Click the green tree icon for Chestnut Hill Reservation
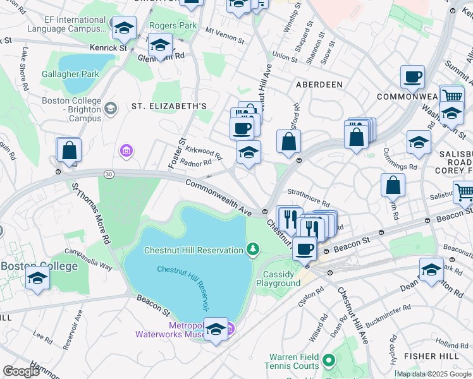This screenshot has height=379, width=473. tap(253, 250)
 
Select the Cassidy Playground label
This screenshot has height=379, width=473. tap(278, 279)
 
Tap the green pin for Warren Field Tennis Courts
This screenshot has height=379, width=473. tap(328, 361)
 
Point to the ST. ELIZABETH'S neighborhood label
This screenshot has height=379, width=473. tap(169, 106)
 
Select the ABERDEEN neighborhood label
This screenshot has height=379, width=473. tap(319, 84)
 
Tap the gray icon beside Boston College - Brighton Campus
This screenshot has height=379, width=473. tap(111, 109)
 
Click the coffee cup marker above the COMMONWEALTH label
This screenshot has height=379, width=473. tap(412, 77)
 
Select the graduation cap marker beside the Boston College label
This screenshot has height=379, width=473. tap(37, 279)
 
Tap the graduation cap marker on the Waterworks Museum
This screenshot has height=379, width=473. tap(216, 330)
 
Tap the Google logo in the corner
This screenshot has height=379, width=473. tap(21, 371)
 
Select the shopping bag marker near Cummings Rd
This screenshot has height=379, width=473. tap(393, 186)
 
